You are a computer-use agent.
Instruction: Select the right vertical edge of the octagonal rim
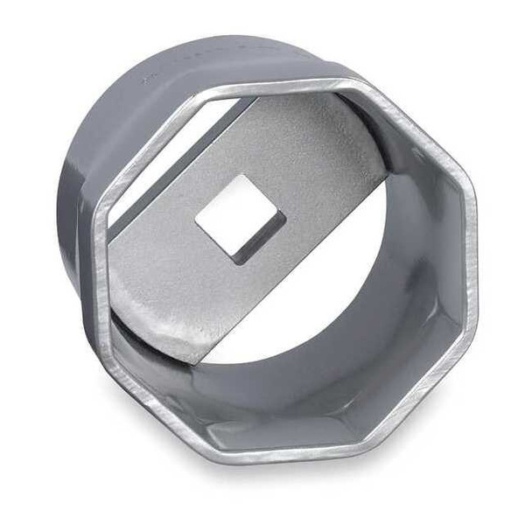click(x=470, y=262)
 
